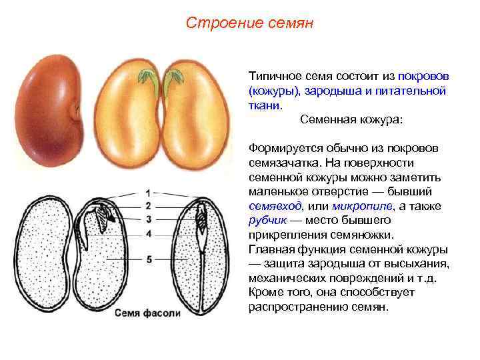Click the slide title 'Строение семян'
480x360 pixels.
(249, 23)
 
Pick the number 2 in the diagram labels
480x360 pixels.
(148, 205)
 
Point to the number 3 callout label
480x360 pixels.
(148, 219)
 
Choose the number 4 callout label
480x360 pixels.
(149, 233)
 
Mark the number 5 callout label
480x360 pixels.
(149, 259)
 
